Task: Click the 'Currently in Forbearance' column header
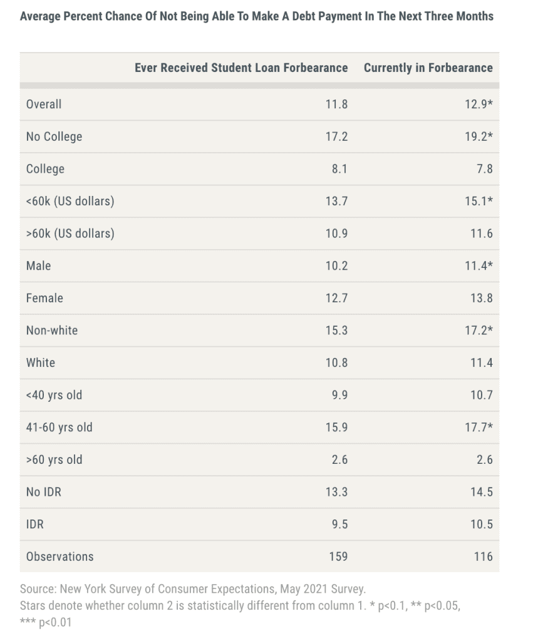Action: pyautogui.click(x=428, y=68)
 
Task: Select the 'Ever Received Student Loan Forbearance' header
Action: pyautogui.click(x=241, y=68)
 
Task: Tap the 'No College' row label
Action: pyautogui.click(x=54, y=136)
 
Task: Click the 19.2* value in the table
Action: pyautogui.click(x=479, y=136)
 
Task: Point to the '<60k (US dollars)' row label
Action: pyautogui.click(x=70, y=202)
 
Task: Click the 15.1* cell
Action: pyautogui.click(x=479, y=202)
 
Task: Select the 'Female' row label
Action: pyautogui.click(x=44, y=298)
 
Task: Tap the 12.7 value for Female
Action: pyautogui.click(x=336, y=298)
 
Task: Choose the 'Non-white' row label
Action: pyautogui.click(x=52, y=331)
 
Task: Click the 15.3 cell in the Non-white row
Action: pyautogui.click(x=336, y=331)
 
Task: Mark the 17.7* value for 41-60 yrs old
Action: pyautogui.click(x=479, y=428)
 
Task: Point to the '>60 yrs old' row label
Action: pyautogui.click(x=54, y=459)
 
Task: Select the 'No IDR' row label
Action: pyautogui.click(x=44, y=492)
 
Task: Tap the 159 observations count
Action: pyautogui.click(x=338, y=556)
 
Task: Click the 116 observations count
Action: pyautogui.click(x=483, y=556)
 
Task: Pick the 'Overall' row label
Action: pyautogui.click(x=44, y=104)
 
